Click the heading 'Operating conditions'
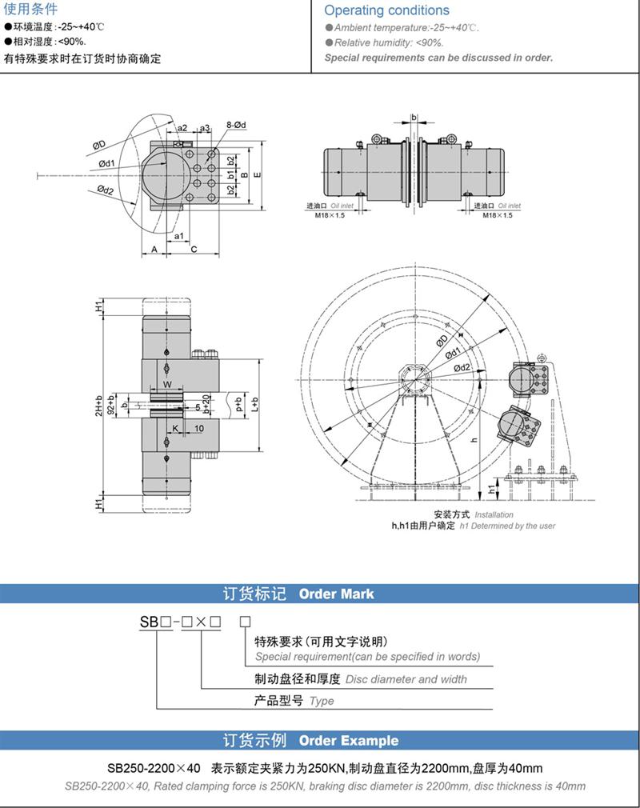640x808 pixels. [386, 10]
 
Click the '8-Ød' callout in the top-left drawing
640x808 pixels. [238, 125]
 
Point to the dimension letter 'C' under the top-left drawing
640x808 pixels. [194, 250]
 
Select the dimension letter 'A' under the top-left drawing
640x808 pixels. [154, 250]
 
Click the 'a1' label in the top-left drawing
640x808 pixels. [179, 236]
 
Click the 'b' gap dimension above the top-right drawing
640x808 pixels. [414, 118]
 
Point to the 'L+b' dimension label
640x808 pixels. [255, 405]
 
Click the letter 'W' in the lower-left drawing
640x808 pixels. [167, 385]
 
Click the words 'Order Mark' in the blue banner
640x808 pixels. [336, 594]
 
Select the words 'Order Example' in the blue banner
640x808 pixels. [348, 741]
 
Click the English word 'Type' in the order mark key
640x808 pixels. [322, 701]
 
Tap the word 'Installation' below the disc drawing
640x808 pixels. [494, 514]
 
